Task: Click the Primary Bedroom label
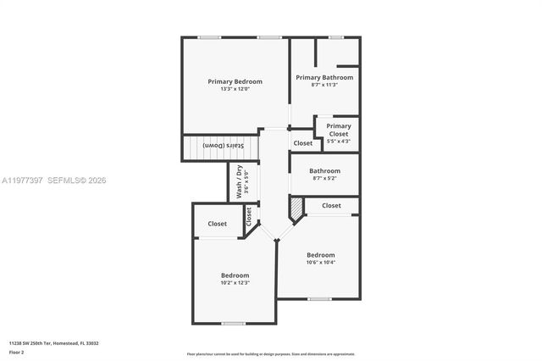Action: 235,81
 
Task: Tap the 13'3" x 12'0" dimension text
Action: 235,89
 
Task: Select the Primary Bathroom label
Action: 324,77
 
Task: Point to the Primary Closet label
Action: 338,130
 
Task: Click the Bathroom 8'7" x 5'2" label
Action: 324,174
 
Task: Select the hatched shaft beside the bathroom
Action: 296,207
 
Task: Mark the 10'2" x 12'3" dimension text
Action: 235,283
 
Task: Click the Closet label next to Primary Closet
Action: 303,143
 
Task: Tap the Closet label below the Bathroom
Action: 331,205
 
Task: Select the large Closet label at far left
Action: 217,224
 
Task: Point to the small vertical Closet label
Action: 249,217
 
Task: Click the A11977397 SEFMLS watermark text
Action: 53,180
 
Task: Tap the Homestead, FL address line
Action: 54,343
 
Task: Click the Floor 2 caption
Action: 17,352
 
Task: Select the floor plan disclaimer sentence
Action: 271,353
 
